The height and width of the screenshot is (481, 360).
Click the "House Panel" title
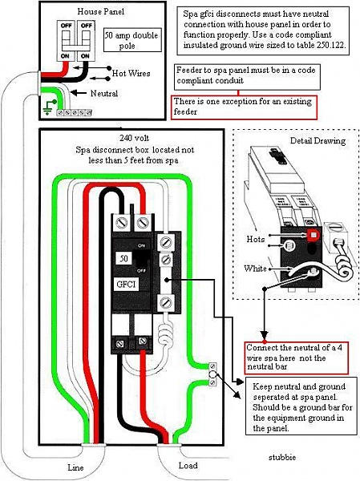click(x=101, y=12)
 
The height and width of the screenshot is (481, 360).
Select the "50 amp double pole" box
click(x=132, y=40)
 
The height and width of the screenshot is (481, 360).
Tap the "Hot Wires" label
click(x=131, y=73)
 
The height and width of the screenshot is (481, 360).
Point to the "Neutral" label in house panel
click(x=104, y=93)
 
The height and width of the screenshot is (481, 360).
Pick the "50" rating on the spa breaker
click(x=123, y=258)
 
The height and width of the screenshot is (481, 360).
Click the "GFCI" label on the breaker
click(x=126, y=284)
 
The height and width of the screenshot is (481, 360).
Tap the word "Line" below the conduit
click(x=75, y=467)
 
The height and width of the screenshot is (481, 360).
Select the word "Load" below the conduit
click(x=188, y=465)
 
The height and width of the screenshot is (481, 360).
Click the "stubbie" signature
click(x=282, y=458)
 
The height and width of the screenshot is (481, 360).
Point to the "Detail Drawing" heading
click(x=318, y=141)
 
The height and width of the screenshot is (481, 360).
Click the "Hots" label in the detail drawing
click(x=255, y=239)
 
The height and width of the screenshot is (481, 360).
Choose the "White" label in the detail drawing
click(x=255, y=269)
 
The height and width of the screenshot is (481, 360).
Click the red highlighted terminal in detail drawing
click(x=313, y=235)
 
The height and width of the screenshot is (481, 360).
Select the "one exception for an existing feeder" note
click(x=244, y=107)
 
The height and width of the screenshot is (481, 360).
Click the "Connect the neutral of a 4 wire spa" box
click(x=297, y=358)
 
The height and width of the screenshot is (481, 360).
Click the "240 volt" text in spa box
click(x=135, y=138)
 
